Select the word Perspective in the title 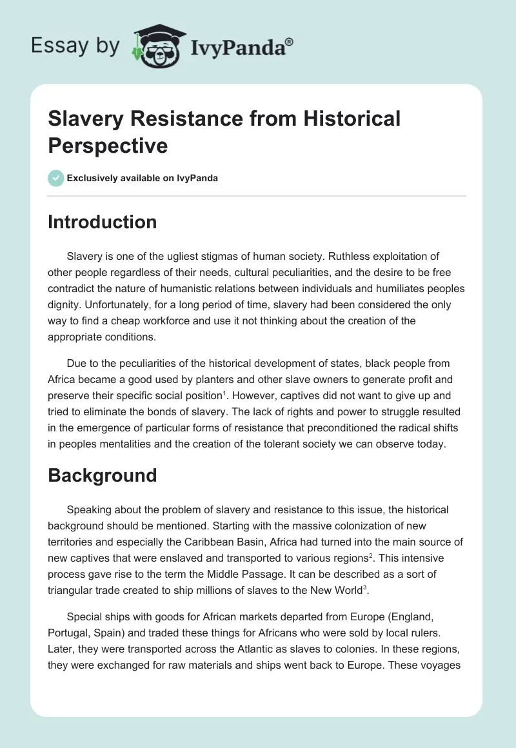coord(108,145)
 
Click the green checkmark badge coord(56,178)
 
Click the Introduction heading coord(103,222)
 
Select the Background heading coord(103,475)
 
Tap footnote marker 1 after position coord(224,392)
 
